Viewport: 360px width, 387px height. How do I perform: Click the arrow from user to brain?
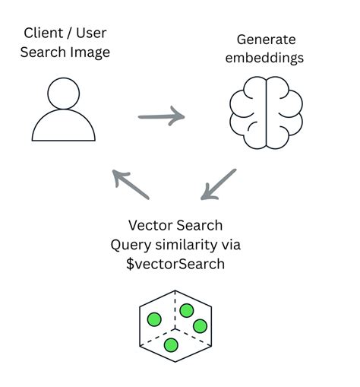[161, 117]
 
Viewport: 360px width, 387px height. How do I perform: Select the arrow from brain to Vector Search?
[219, 185]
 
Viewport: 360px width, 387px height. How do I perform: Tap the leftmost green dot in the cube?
[154, 319]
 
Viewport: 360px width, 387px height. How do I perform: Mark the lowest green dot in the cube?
[171, 345]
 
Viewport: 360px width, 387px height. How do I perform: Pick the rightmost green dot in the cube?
[201, 326]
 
